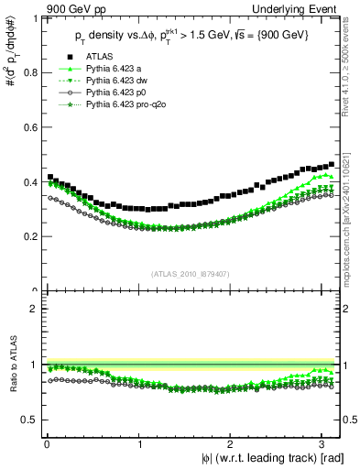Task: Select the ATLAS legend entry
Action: (x=96, y=58)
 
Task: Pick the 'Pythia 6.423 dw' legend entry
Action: (x=115, y=82)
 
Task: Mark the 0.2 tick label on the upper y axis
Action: (x=27, y=236)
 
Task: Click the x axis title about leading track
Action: (x=267, y=457)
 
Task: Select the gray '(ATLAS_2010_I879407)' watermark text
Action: (x=191, y=274)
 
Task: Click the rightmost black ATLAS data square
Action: (x=331, y=164)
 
